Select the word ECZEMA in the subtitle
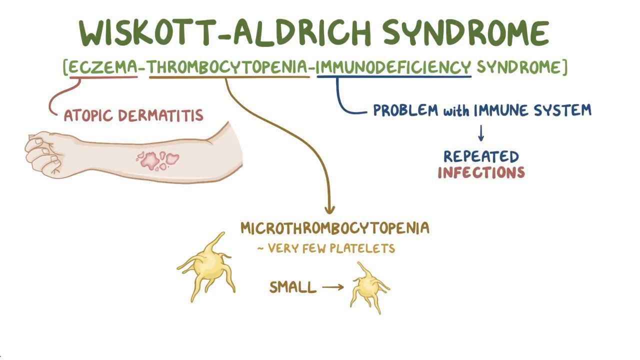pos(102,67)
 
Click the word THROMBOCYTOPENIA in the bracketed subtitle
pos(229,67)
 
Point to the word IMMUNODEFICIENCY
pos(394,67)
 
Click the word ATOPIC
pos(88,116)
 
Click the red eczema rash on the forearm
pos(158,159)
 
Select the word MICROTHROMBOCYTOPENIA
pos(334,228)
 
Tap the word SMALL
pos(293,287)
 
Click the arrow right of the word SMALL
pos(333,287)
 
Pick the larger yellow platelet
pos(206,268)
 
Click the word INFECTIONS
pos(481,173)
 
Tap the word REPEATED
pos(481,156)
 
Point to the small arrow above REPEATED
pos(481,133)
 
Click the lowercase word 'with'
pos(456,110)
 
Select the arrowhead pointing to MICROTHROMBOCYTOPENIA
pos(329,209)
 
